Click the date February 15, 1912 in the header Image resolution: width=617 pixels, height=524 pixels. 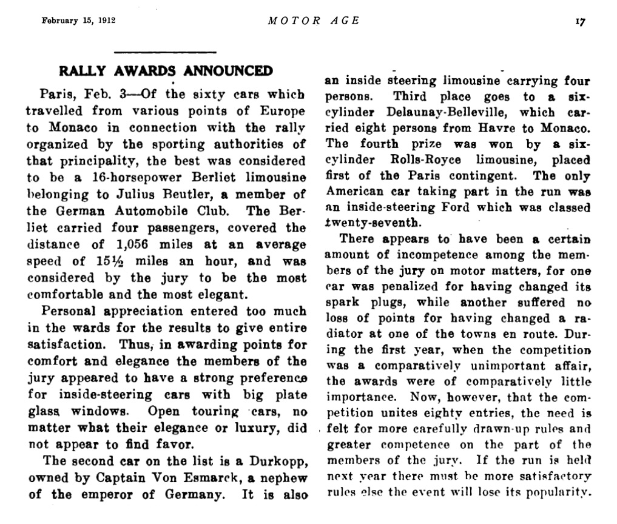click(78, 20)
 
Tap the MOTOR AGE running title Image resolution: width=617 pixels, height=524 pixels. click(313, 20)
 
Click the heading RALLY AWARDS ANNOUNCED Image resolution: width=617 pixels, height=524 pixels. click(166, 71)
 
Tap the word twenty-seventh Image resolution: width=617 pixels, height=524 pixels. click(362, 223)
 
